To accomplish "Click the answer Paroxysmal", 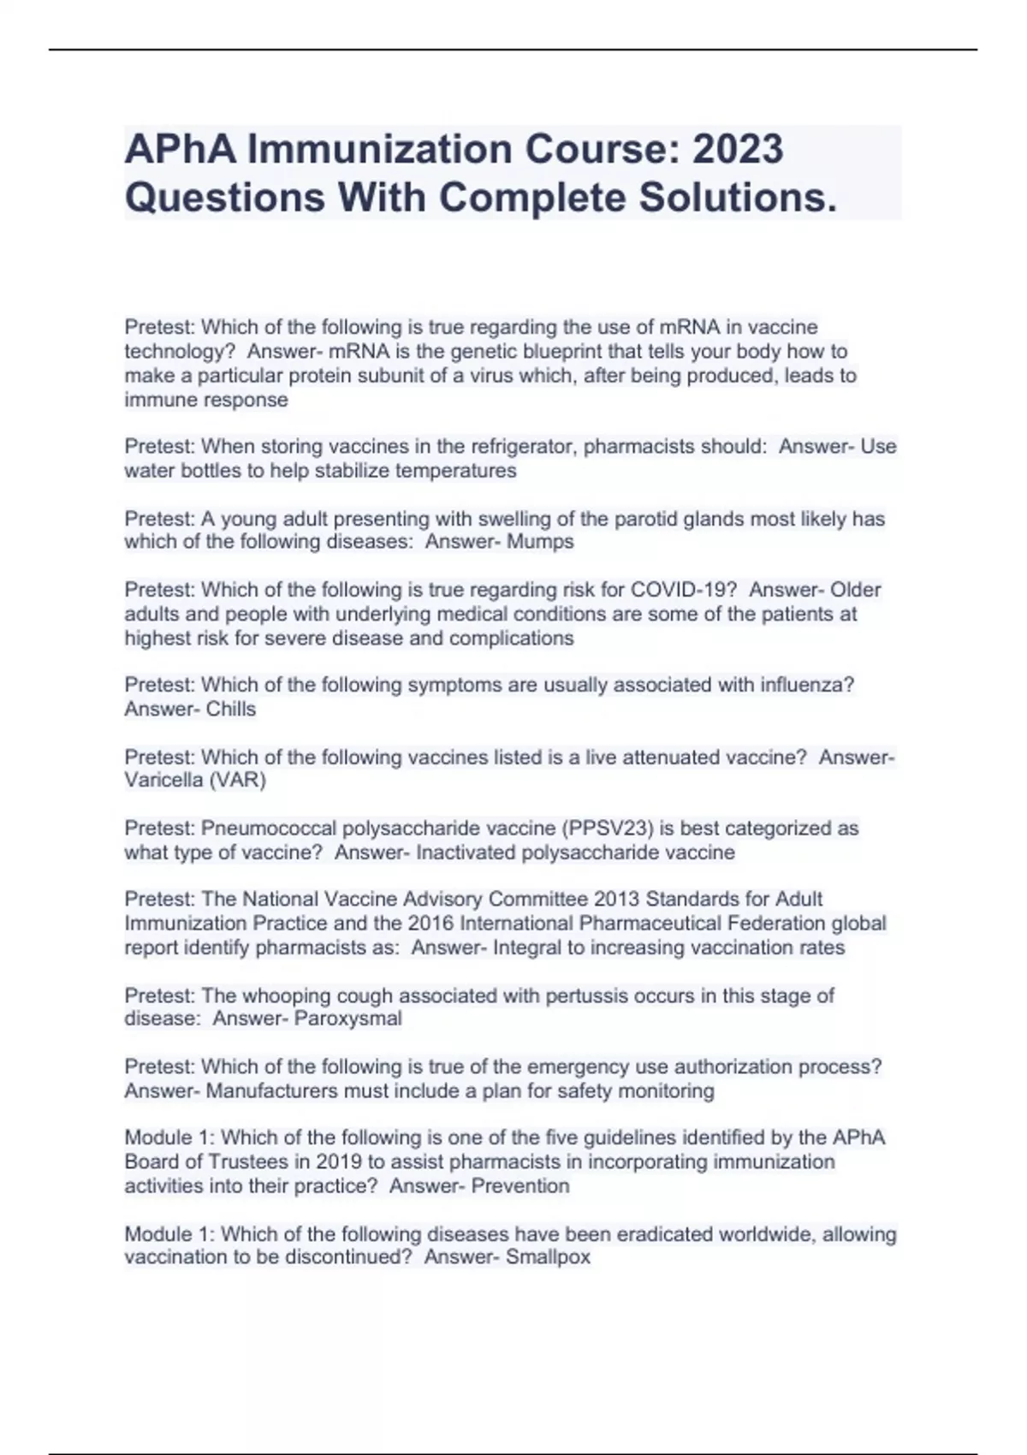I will coord(347,1018).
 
